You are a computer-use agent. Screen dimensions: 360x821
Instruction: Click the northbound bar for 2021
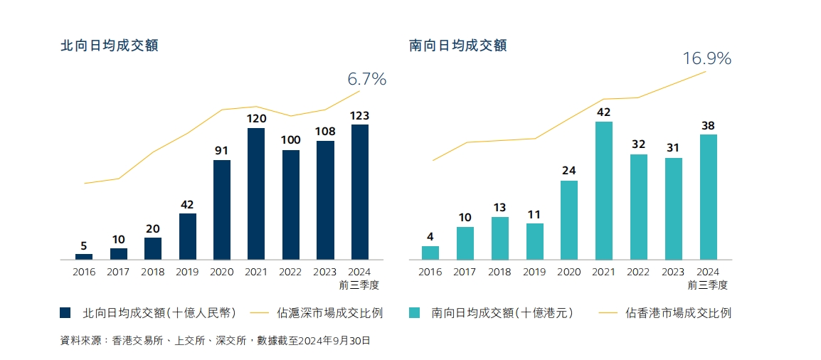pos(256,194)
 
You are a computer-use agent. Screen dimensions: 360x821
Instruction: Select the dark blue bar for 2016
pos(84,256)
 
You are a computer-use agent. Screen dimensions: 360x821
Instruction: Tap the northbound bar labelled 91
pos(222,209)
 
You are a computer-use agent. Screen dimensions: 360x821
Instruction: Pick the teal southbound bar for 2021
pos(604,190)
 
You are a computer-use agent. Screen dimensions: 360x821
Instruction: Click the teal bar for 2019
pos(535,241)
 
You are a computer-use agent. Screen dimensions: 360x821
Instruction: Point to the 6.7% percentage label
pos(366,79)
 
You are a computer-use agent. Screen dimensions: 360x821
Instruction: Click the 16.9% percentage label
pos(706,58)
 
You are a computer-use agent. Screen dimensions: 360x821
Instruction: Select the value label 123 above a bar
pos(360,115)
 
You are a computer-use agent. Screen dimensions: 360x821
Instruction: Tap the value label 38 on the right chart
pos(708,125)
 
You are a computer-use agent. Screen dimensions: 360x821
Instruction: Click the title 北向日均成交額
pos(109,46)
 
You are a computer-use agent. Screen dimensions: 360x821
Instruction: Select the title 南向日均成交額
pos(458,46)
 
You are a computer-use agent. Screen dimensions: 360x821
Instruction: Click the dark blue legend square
pos(65,312)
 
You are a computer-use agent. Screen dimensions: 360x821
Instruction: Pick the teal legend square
pos(415,312)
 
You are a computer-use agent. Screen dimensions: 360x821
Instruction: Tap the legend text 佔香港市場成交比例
pos(678,312)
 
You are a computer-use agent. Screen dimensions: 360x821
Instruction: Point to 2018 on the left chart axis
pos(153,272)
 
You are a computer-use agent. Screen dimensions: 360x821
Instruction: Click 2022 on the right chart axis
pos(638,272)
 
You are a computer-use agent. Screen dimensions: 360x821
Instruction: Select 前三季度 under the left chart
pos(360,285)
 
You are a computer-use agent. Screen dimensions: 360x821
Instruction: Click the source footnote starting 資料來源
pos(216,341)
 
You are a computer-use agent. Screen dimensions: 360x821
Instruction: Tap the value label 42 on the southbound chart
pos(604,112)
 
